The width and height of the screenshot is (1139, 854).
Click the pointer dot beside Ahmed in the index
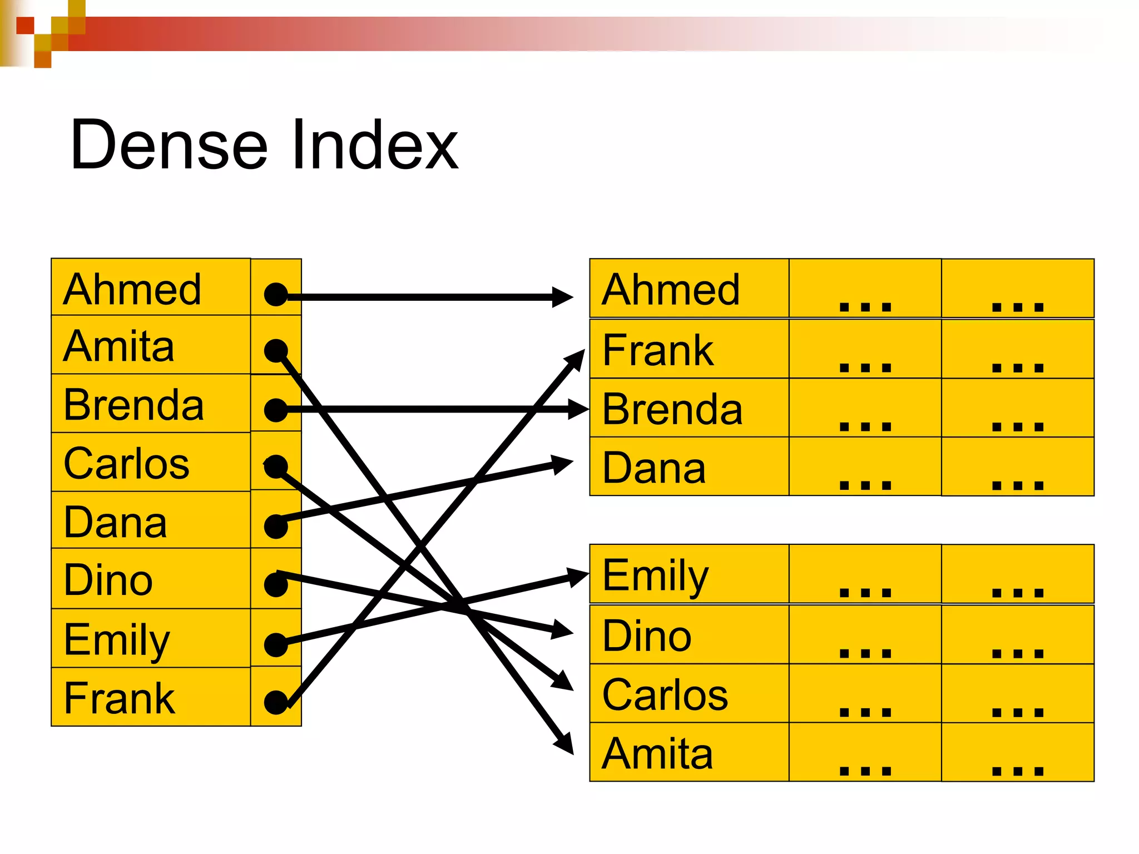[x=276, y=295]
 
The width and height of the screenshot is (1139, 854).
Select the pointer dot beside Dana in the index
[x=276, y=526]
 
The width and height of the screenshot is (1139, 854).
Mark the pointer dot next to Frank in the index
[x=276, y=702]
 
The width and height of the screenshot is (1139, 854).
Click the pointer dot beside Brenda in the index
[x=276, y=410]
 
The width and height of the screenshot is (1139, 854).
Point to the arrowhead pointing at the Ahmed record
[x=563, y=297]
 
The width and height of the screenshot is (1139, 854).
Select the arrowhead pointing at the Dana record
[x=563, y=463]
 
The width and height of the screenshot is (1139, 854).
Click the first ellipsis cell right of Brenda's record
[x=865, y=409]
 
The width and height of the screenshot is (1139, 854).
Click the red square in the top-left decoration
[x=25, y=26]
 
